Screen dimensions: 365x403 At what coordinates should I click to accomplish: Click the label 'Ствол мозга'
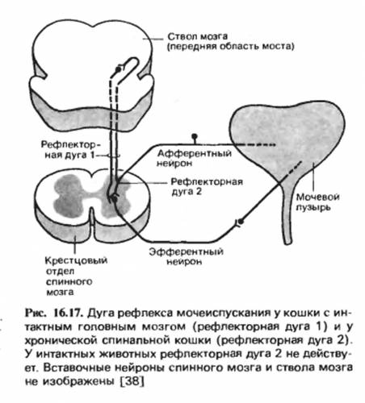coord(197,36)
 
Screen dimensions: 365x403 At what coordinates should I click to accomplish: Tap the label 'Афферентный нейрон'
coord(194,158)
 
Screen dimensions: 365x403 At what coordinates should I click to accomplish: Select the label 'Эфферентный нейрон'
coord(187,256)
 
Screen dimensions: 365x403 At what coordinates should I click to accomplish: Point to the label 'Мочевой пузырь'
coord(317,202)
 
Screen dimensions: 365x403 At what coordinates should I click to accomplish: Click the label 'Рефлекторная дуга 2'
coord(207,186)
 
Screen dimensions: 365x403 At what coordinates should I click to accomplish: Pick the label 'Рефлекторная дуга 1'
coord(69,150)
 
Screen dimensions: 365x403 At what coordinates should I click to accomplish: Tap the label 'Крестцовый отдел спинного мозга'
coord(76,276)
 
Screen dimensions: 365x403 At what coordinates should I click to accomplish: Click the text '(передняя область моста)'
coord(231,47)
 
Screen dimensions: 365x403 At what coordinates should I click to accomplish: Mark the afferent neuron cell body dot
coord(194,136)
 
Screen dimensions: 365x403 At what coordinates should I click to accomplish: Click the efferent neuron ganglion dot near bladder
coord(241,222)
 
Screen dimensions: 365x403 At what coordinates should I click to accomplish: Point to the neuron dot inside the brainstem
coord(118,69)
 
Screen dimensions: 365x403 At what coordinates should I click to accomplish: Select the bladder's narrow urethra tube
coord(287,212)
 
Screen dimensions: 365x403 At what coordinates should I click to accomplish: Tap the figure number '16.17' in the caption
coord(67,314)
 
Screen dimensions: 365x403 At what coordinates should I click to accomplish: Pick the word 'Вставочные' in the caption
coord(76,368)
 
